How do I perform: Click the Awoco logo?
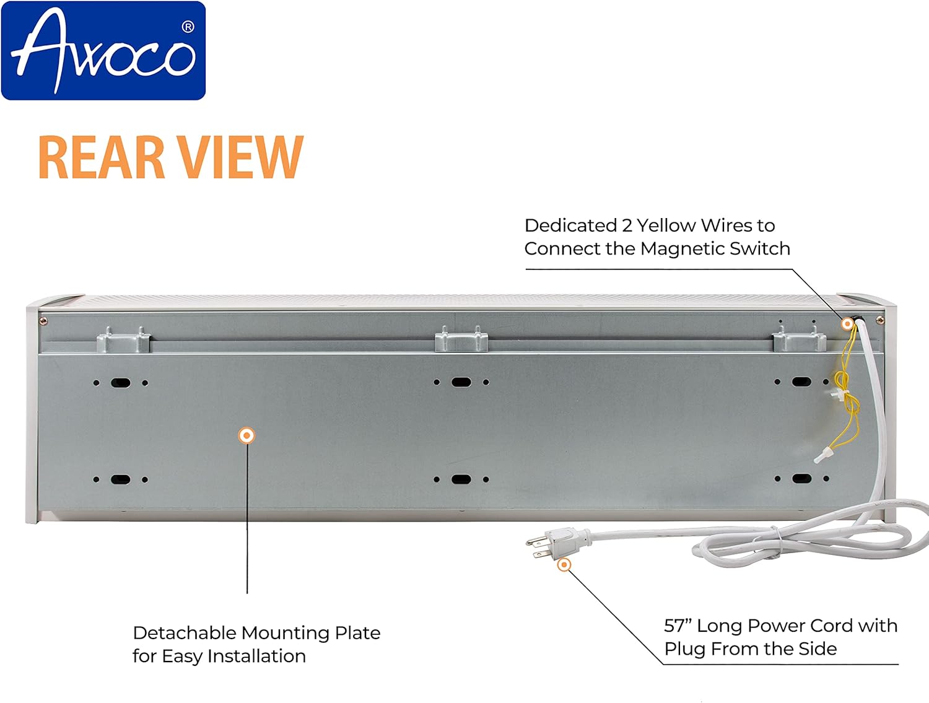[x=103, y=50]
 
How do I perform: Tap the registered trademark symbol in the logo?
[x=188, y=27]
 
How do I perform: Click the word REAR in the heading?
[x=101, y=157]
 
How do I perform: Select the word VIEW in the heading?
[x=240, y=157]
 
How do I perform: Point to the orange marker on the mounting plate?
[x=246, y=435]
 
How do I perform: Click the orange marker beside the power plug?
[x=564, y=565]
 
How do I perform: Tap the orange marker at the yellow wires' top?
[x=847, y=324]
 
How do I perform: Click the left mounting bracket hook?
[x=124, y=339]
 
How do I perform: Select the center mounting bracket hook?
[x=461, y=339]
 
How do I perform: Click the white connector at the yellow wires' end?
[x=821, y=456]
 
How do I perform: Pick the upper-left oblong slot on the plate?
[x=121, y=383]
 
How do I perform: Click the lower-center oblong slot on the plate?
[x=461, y=479]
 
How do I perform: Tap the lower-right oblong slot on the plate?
[x=801, y=478]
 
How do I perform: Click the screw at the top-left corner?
[x=43, y=321]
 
